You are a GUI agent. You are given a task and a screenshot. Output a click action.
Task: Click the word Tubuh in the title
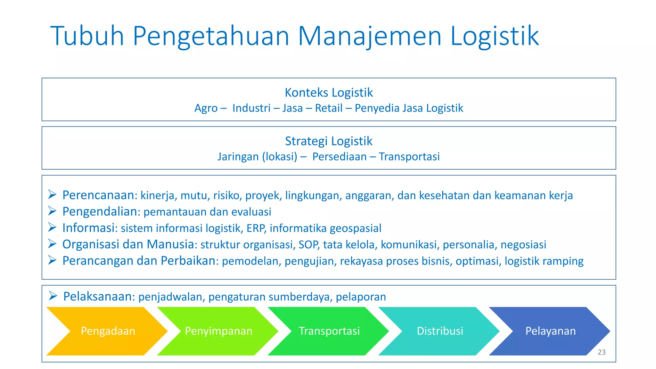click(x=87, y=36)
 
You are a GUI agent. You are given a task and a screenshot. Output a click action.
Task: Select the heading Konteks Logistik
click(x=329, y=93)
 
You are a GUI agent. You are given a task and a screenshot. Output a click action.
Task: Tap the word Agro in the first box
click(x=206, y=108)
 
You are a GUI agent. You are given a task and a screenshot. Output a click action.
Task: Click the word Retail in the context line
click(x=329, y=108)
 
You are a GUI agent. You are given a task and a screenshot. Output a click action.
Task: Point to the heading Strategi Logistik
click(x=329, y=141)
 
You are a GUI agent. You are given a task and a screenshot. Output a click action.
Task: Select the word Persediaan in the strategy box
click(x=339, y=157)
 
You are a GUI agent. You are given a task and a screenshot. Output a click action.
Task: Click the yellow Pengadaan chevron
click(x=108, y=331)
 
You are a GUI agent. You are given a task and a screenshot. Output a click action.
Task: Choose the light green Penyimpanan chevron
click(x=218, y=331)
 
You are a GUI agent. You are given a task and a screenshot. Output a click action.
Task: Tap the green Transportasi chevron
click(x=329, y=331)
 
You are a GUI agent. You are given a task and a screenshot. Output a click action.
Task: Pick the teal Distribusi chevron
click(x=440, y=331)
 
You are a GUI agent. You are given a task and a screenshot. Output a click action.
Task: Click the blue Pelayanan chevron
click(x=550, y=331)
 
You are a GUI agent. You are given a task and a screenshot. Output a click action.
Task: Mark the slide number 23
click(x=602, y=352)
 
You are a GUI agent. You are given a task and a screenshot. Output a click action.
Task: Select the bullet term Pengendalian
click(x=100, y=211)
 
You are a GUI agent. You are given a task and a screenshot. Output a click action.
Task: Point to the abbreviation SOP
click(x=308, y=245)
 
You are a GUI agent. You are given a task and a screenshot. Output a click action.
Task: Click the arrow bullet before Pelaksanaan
click(x=53, y=296)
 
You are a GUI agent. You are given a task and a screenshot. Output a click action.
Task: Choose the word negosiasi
click(x=523, y=245)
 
